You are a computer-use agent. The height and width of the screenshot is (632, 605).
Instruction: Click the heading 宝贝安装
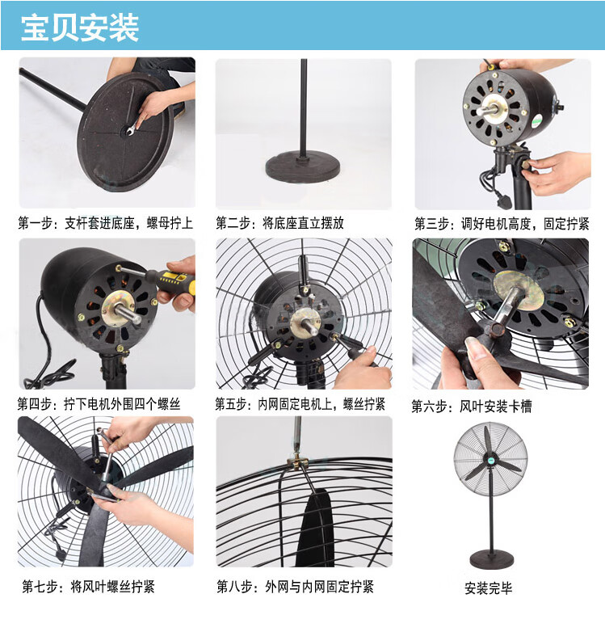click(80, 27)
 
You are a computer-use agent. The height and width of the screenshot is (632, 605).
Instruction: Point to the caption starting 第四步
click(105, 402)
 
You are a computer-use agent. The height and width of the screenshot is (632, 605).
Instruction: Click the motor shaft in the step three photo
click(489, 108)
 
